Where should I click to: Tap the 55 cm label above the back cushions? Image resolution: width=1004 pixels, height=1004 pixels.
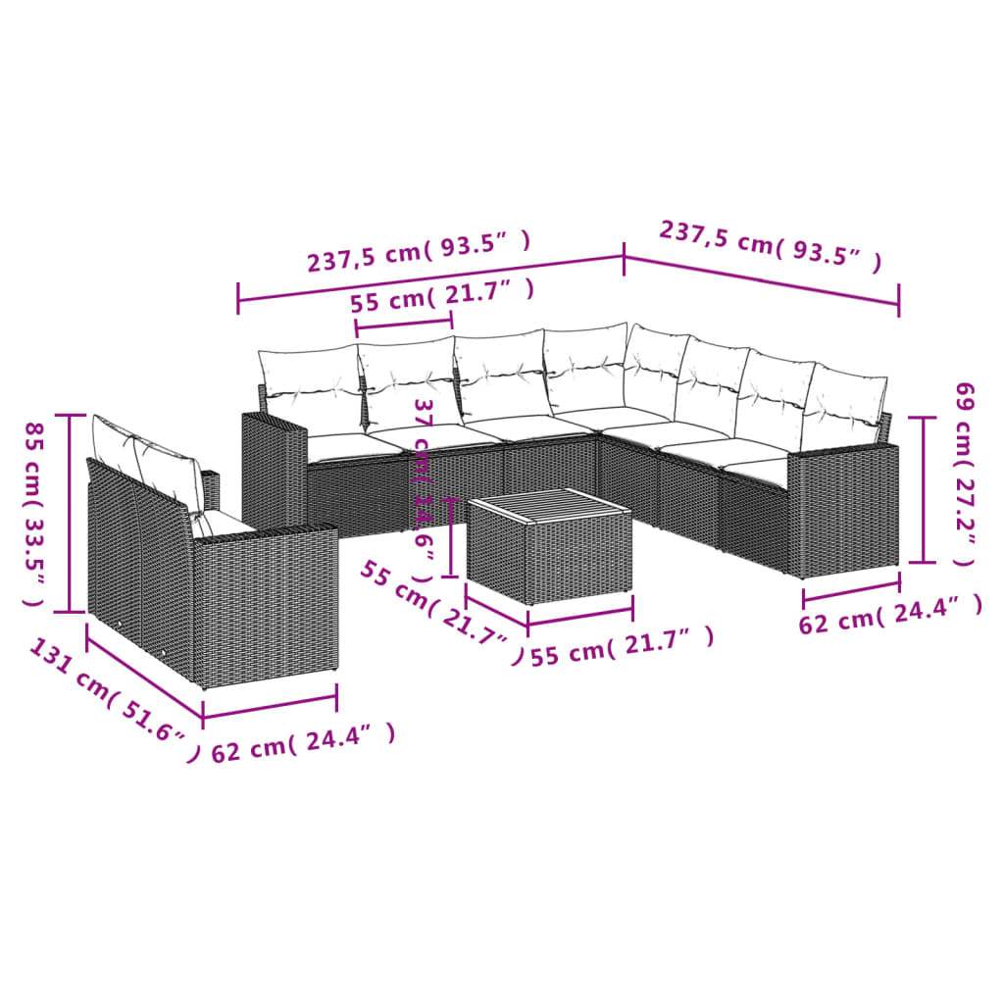point(443,295)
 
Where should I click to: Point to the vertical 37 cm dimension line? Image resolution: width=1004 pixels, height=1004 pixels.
point(450,537)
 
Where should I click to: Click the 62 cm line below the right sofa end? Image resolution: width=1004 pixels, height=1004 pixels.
point(851,590)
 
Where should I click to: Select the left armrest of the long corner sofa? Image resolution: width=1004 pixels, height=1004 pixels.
point(274,471)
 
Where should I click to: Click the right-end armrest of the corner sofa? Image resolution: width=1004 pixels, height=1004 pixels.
point(843,505)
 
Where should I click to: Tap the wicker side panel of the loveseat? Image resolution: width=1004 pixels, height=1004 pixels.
point(265,598)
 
